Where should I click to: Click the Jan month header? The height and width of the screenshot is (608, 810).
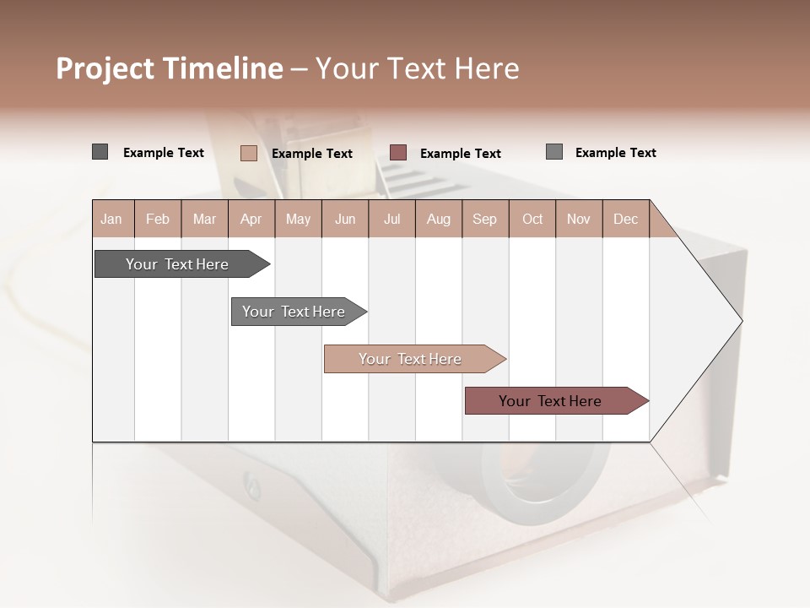(111, 219)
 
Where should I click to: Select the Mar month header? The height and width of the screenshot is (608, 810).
(204, 219)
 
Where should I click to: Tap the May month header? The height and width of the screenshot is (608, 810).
(298, 219)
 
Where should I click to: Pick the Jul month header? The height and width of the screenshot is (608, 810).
(391, 219)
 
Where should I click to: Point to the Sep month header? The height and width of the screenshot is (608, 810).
(484, 219)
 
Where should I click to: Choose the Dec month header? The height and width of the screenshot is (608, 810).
(625, 219)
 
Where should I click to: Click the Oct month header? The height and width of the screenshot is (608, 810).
(532, 219)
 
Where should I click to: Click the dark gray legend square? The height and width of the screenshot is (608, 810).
(100, 152)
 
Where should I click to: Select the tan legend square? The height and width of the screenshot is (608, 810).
(248, 153)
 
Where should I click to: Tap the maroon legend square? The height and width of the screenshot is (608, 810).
(398, 153)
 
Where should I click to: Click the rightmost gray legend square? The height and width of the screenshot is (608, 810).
(554, 152)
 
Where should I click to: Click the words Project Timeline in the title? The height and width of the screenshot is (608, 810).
(170, 68)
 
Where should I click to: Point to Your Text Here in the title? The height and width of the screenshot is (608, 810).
(417, 68)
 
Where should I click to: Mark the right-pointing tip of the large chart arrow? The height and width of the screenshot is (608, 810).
(740, 321)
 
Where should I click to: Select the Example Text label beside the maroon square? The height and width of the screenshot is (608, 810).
(460, 154)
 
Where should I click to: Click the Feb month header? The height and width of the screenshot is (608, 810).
(158, 219)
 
